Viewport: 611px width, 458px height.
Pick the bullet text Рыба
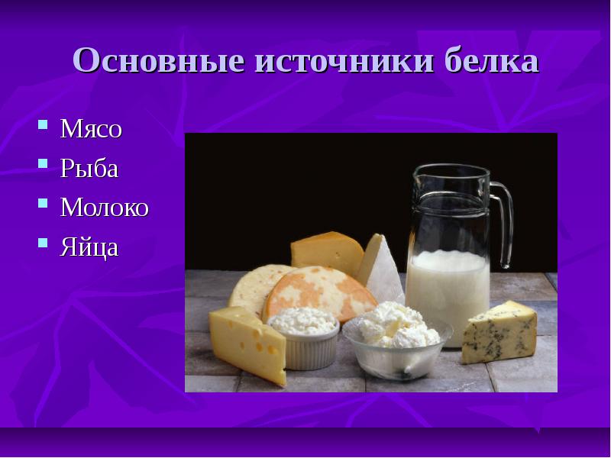click(x=89, y=169)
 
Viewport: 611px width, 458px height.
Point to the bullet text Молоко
click(x=105, y=208)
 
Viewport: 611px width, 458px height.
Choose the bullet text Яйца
click(x=89, y=247)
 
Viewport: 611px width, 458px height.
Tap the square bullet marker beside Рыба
click(x=44, y=164)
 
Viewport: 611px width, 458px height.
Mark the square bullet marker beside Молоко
click(x=44, y=204)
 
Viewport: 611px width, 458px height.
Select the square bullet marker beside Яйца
click(x=44, y=243)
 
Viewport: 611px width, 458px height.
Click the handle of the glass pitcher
click(x=505, y=221)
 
